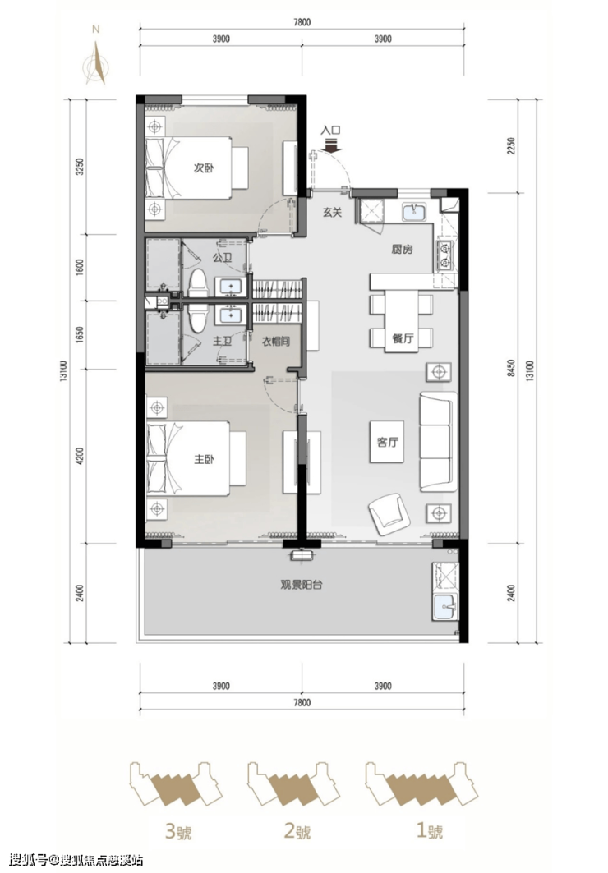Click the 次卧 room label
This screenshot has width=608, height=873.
(x=205, y=168)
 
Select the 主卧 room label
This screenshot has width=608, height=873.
(x=205, y=459)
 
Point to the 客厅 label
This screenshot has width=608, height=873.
(x=388, y=443)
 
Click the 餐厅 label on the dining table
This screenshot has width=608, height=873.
(x=403, y=338)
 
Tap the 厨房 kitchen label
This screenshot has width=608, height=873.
(x=402, y=250)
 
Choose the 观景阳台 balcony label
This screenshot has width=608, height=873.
(x=302, y=586)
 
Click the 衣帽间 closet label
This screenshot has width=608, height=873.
(x=276, y=342)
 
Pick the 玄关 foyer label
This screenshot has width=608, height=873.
(x=332, y=212)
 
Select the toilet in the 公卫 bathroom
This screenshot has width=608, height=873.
(x=197, y=284)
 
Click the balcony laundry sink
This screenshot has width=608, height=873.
(x=444, y=606)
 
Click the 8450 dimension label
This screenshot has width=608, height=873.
(x=511, y=368)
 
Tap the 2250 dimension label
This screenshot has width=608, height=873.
(x=511, y=146)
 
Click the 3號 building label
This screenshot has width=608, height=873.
(x=178, y=832)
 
